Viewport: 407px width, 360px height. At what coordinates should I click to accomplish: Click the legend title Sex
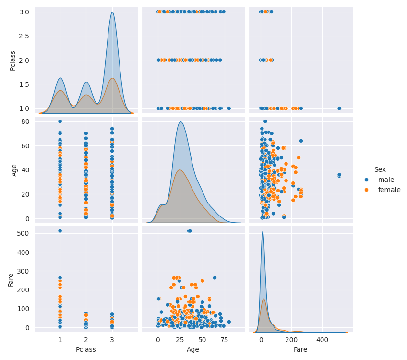(380, 169)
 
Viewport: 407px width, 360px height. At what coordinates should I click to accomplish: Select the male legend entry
(386, 180)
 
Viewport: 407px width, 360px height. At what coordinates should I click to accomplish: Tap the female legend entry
(389, 190)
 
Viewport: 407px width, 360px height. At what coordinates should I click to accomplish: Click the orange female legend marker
(367, 190)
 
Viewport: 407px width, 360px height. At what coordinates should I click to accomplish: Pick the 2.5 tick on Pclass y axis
(24, 36)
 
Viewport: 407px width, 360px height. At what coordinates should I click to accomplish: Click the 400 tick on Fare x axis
(322, 340)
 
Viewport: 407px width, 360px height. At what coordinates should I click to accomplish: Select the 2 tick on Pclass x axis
(86, 340)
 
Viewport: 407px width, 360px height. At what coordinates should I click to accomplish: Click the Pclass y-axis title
(13, 60)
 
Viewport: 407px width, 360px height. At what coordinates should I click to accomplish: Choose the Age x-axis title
(193, 350)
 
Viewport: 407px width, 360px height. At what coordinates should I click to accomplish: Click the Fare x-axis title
(300, 350)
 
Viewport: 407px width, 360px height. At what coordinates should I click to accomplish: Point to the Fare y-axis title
(12, 279)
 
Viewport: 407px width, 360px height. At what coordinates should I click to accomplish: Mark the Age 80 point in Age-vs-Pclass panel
(60, 121)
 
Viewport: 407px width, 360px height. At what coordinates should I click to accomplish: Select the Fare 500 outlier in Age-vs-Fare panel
(339, 175)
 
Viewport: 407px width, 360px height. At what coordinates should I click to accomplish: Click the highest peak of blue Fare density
(262, 232)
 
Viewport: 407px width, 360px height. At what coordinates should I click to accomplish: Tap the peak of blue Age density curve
(180, 122)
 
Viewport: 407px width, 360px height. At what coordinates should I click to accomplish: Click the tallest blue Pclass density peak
(112, 12)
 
